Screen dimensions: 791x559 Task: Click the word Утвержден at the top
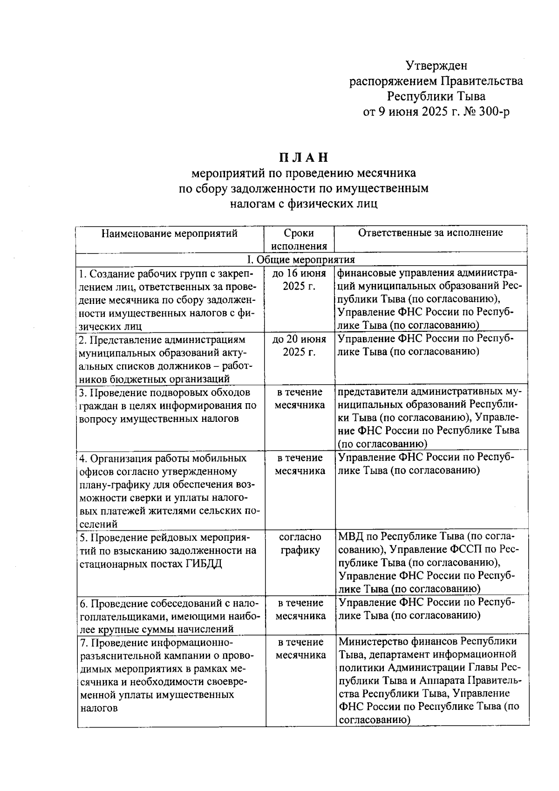436,65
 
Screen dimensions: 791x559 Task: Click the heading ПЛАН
303,157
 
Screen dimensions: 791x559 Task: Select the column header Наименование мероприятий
170,233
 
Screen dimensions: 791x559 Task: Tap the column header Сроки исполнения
299,239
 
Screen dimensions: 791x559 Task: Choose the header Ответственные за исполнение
430,233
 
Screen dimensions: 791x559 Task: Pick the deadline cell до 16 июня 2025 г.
299,279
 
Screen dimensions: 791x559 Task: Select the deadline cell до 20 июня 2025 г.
299,345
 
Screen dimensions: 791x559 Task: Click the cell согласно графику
300,543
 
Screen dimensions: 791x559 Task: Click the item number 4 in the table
82,458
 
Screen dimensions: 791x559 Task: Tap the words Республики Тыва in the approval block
436,96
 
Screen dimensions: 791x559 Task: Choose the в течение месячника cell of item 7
300,648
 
